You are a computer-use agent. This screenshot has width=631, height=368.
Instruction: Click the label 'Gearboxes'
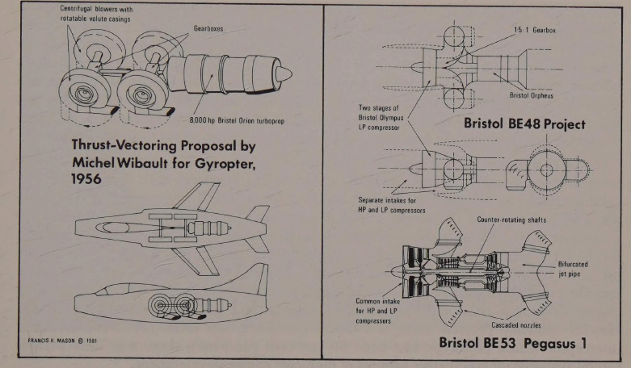[209, 27]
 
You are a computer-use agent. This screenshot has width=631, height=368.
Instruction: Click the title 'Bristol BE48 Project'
[524, 125]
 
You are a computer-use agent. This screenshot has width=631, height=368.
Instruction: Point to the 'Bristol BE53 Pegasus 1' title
[514, 342]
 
